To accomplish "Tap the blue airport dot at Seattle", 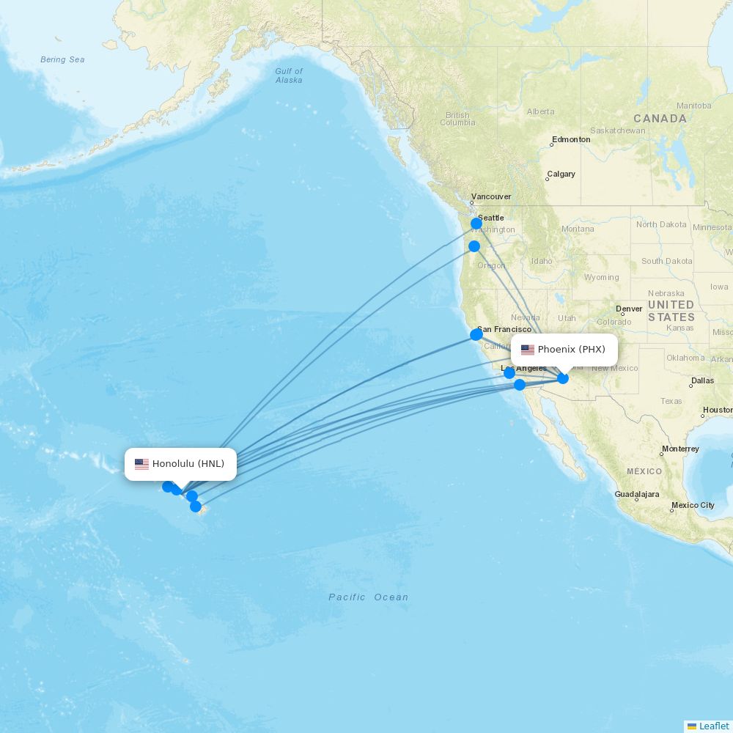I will (x=476, y=223).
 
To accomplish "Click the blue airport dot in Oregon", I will (x=474, y=246).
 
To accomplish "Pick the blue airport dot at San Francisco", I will (x=476, y=334).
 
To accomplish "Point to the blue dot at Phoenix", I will (x=563, y=378).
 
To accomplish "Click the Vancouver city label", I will (x=491, y=196).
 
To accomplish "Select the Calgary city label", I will (x=561, y=174).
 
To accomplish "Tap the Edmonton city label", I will (x=571, y=139).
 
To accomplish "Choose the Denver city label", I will (x=629, y=309).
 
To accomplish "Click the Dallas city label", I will (x=701, y=380).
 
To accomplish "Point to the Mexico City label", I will (x=693, y=505).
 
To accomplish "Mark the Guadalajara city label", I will (x=637, y=495).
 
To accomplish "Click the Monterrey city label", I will (x=680, y=449).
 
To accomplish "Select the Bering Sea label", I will (x=62, y=60).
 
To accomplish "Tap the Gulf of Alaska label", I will (x=289, y=75).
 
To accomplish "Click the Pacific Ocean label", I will (x=368, y=597).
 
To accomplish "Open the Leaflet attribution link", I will (x=713, y=726).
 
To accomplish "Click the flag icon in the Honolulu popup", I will (x=141, y=464).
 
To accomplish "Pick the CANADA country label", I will (x=660, y=119).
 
